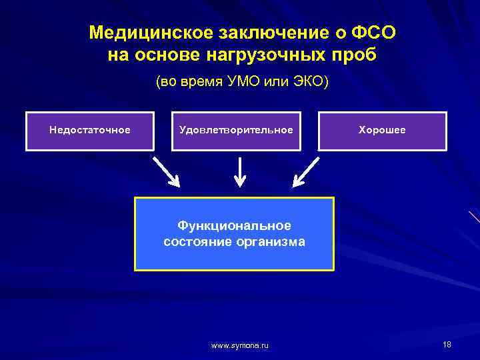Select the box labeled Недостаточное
coord(89,130)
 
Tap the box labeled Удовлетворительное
coord(236,130)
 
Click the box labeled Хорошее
coord(382,130)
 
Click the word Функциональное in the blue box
coord(235,226)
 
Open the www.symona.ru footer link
coord(240,345)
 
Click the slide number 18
coord(447,344)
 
